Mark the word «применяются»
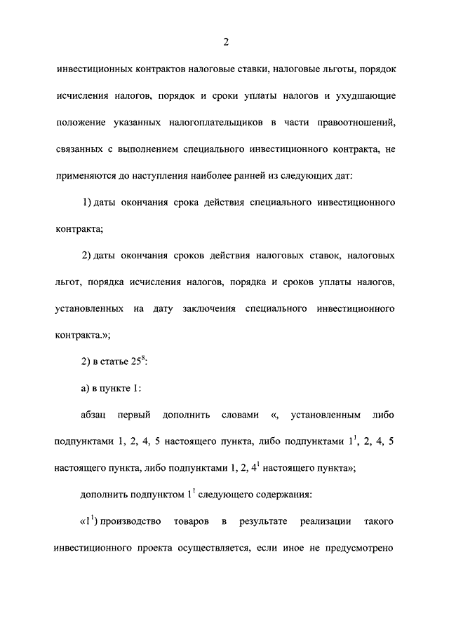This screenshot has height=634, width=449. pyautogui.click(x=83, y=175)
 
